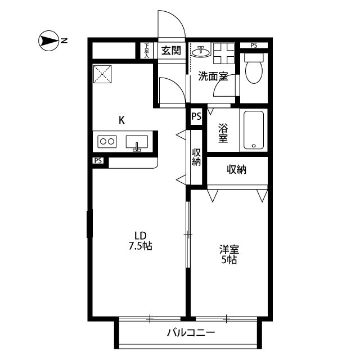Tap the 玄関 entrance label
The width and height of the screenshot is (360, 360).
click(171, 51)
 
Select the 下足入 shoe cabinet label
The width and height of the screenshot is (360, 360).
click(147, 51)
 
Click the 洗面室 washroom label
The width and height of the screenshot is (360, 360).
click(213, 76)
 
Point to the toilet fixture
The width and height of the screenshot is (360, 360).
click(253, 69)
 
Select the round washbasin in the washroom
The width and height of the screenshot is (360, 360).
click(200, 52)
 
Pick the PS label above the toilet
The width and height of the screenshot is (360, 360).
click(254, 45)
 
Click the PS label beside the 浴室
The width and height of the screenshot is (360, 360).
click(196, 117)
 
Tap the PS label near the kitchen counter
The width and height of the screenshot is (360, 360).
click(98, 161)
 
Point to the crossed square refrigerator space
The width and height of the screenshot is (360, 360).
click(103, 74)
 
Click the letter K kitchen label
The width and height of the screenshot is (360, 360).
click(121, 119)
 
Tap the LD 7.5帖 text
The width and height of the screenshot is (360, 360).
click(140, 240)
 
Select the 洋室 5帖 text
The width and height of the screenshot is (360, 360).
click(228, 255)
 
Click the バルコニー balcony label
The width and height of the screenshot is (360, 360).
click(191, 333)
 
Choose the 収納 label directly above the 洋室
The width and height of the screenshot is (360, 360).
click(237, 169)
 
